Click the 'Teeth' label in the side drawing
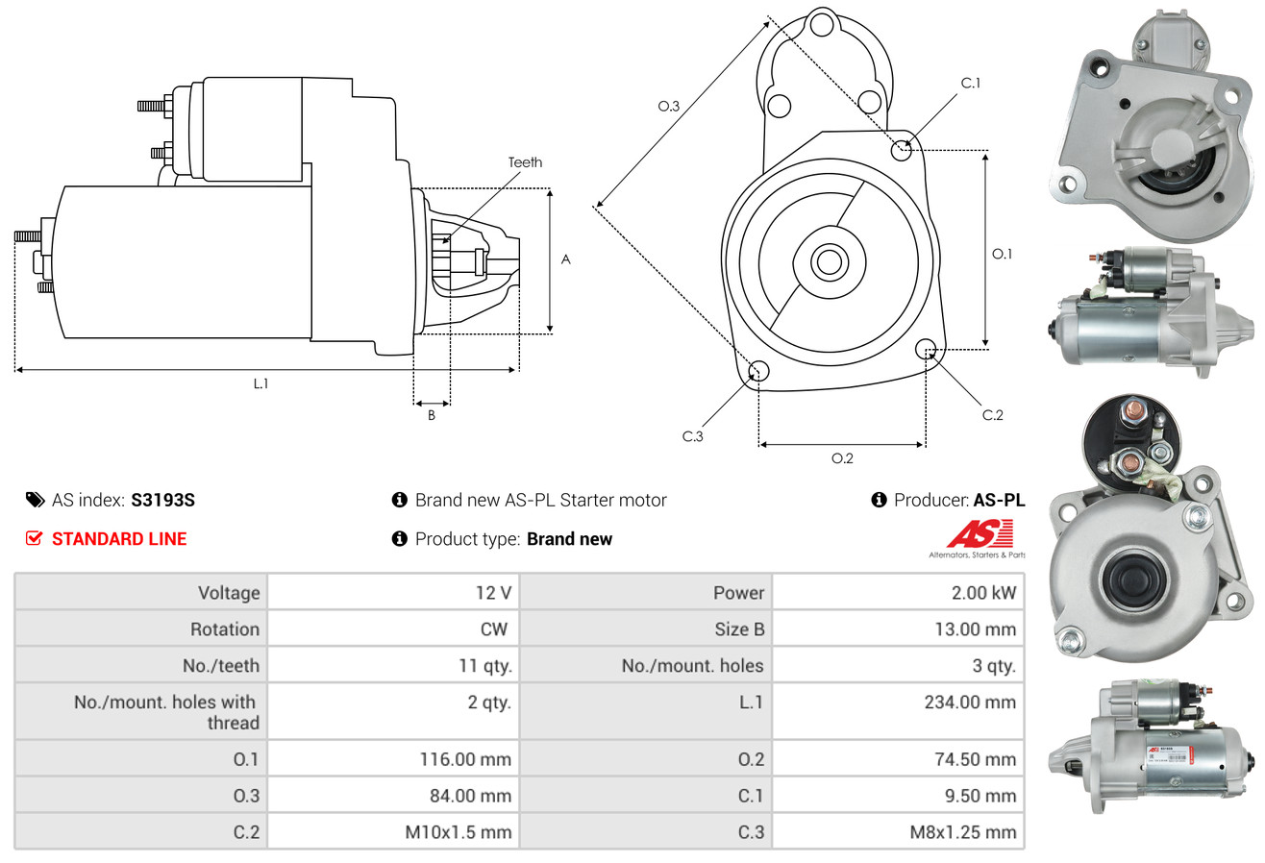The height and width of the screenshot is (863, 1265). click(525, 162)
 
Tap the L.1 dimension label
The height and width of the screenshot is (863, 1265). click(260, 383)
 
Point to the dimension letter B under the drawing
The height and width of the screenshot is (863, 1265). click(431, 416)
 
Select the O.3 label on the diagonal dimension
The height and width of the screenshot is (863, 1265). click(669, 107)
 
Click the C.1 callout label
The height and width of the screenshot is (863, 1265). click(971, 84)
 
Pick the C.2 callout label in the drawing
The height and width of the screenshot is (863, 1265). click(992, 415)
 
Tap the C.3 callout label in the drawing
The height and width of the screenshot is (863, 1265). click(693, 436)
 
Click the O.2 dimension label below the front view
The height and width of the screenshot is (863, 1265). click(842, 458)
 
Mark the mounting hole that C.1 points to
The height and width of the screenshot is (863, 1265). click(902, 150)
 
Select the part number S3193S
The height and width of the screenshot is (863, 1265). click(163, 500)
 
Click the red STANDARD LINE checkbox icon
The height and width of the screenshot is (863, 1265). click(35, 538)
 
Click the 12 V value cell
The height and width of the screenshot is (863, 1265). click(492, 593)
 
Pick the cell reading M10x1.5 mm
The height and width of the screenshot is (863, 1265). click(458, 831)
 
